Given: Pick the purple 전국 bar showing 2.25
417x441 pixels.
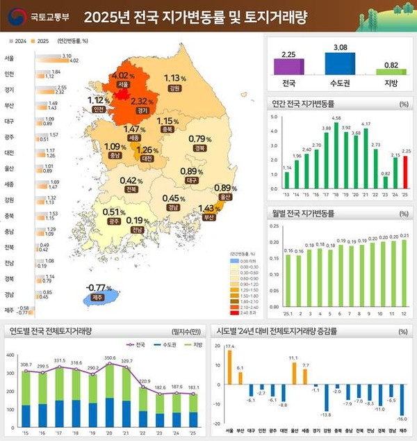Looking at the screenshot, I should (x=288, y=66).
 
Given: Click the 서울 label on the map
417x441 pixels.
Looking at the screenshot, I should (x=123, y=84).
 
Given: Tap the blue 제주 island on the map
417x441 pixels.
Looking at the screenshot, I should (x=99, y=298).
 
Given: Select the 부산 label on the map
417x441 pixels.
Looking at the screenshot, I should (x=207, y=217).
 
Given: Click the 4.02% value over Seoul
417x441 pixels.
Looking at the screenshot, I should (x=122, y=75).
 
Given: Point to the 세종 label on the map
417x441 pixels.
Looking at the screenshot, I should (x=134, y=138).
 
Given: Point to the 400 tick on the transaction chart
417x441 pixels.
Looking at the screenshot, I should (x=10, y=356).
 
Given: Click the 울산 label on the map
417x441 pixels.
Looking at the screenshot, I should (x=223, y=197).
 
